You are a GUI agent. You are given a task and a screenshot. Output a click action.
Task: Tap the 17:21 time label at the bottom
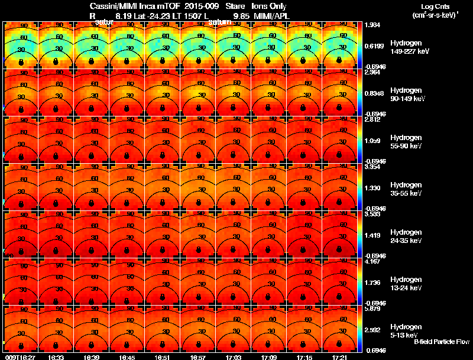click(339, 357)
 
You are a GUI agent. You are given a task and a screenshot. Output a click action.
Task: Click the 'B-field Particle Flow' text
click(442, 342)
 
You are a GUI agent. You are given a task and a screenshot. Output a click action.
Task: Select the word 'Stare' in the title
click(228, 7)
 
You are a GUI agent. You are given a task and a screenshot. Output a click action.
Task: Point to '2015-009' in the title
click(193, 7)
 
